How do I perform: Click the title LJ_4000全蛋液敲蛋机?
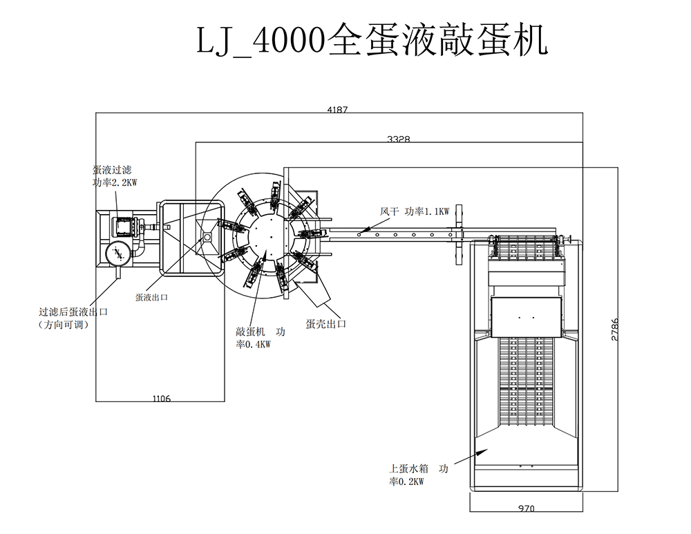[x=372, y=40]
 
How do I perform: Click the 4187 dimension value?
[x=337, y=108]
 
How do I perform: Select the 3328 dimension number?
[x=399, y=139]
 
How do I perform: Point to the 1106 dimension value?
[x=160, y=398]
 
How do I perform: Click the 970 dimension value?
[x=527, y=508]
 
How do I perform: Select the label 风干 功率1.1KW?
[x=415, y=211]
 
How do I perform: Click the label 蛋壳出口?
[x=325, y=323]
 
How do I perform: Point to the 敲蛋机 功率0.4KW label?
[x=260, y=338]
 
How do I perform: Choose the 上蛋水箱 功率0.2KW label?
[x=418, y=475]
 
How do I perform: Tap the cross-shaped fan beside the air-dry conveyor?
[x=457, y=233]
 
